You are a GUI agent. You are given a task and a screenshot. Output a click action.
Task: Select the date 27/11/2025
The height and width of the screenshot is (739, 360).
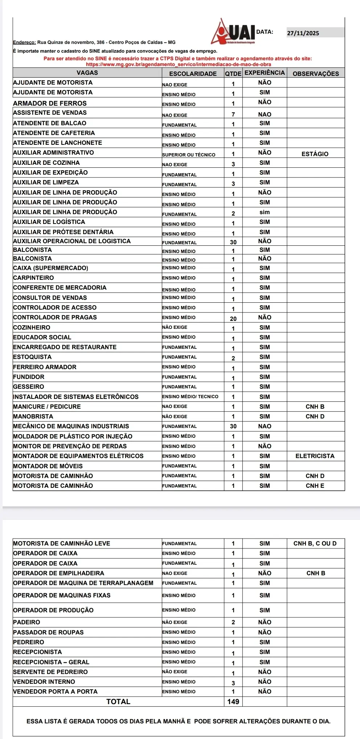(x=303, y=33)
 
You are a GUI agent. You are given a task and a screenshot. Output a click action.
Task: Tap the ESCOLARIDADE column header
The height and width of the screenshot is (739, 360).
(x=193, y=74)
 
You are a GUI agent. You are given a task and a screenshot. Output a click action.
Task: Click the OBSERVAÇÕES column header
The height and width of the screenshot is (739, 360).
(x=316, y=74)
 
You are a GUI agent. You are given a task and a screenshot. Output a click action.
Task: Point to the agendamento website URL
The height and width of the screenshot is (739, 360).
(x=179, y=64)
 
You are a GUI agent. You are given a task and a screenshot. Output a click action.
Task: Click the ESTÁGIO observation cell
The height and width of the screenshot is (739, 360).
(x=315, y=154)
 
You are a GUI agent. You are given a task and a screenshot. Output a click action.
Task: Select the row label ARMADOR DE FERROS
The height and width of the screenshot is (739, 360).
(x=50, y=103)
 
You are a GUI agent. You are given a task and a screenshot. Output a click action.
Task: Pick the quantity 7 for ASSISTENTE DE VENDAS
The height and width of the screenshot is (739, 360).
(x=233, y=114)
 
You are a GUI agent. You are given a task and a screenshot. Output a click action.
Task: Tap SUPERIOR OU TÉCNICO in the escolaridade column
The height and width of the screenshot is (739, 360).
(x=189, y=155)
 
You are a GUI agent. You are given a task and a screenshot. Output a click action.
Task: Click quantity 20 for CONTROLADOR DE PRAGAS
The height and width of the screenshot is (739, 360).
(x=233, y=319)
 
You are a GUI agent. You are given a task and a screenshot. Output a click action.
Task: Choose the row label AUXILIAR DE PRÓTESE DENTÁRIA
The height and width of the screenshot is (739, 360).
(x=63, y=232)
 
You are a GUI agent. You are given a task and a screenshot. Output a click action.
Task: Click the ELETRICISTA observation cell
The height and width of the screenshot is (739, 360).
(x=315, y=456)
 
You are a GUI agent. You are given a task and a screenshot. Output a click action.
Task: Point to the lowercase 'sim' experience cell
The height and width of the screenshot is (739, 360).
(x=265, y=212)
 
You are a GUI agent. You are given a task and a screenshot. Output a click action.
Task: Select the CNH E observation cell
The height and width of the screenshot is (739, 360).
(x=315, y=486)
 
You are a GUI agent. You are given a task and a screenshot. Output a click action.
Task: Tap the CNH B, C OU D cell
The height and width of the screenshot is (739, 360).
(x=315, y=543)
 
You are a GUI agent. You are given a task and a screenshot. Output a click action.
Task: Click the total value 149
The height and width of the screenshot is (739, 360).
(x=233, y=702)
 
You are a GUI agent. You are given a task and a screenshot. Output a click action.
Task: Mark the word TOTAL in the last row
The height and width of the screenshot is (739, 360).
(x=118, y=702)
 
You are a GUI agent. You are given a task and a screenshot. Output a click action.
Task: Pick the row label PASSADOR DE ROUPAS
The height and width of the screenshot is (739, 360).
(x=48, y=632)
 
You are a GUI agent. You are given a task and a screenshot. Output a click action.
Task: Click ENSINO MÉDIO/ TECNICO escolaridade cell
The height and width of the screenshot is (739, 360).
(x=190, y=397)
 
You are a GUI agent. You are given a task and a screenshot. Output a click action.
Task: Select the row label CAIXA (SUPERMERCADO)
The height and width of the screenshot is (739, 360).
(x=50, y=268)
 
